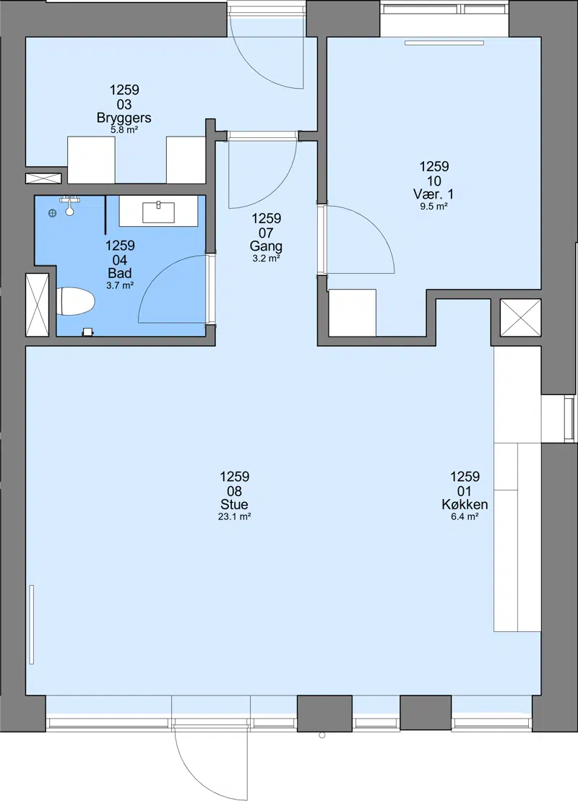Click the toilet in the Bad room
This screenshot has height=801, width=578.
[76, 302]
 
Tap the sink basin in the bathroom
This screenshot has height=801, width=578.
[158, 212]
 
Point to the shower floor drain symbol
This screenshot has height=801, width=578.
[52, 214]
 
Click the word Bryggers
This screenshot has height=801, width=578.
[124, 118]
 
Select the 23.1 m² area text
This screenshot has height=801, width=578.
[235, 517]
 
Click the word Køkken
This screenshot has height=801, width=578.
[465, 505]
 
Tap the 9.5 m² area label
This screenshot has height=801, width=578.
[434, 207]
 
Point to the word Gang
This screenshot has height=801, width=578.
[266, 246]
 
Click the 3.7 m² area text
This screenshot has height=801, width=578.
[120, 285]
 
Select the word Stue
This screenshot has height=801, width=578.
[235, 505]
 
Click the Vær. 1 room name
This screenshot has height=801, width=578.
[434, 194]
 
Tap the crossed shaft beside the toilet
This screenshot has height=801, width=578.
[38, 305]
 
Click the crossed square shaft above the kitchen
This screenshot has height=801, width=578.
[520, 318]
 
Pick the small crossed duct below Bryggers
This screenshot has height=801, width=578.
[43, 178]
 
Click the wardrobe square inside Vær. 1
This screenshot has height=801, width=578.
[352, 313]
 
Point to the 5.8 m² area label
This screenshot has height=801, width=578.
[124, 130]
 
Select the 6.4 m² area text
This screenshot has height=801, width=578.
[465, 517]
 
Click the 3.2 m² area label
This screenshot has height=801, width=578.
[267, 259]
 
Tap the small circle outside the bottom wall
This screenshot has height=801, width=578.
[322, 735]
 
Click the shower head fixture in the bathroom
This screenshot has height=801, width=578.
[69, 205]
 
